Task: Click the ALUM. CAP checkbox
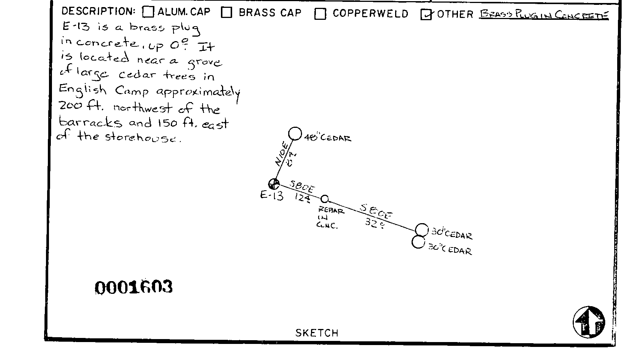tap(148, 12)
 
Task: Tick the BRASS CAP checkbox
tap(226, 12)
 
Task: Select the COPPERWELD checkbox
tap(320, 14)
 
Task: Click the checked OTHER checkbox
tap(426, 14)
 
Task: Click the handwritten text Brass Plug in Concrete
tap(544, 15)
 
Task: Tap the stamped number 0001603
tap(133, 287)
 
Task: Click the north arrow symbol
tap(589, 322)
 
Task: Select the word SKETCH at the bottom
tap(317, 333)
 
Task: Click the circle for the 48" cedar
tap(295, 133)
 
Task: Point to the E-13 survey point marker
tap(274, 184)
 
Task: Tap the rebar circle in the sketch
tap(324, 199)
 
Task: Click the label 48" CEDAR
tap(328, 138)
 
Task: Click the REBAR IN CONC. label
tap(330, 218)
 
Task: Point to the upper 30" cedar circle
tap(422, 230)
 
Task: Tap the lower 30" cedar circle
tap(418, 242)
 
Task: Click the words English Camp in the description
tap(104, 90)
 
